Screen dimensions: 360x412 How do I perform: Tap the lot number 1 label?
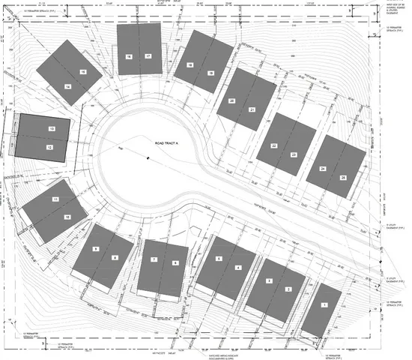[x=324, y=304]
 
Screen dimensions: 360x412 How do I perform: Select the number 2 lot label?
[x=288, y=289]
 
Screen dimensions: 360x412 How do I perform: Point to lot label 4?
[x=238, y=268]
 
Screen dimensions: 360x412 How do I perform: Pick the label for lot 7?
[x=154, y=259]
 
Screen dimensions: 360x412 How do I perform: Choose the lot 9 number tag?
[x=96, y=248]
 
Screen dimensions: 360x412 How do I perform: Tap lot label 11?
[x=55, y=199]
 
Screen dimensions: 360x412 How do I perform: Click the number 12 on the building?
[x=50, y=148]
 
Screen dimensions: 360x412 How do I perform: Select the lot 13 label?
[x=52, y=129]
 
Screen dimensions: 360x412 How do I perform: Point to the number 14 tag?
[x=67, y=86]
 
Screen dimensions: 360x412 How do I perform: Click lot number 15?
[x=82, y=72]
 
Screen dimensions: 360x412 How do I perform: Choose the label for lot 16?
[x=129, y=56]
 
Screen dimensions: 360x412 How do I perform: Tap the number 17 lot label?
[x=148, y=56]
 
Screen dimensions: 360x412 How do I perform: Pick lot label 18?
[x=190, y=65]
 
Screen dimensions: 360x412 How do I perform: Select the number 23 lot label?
[x=294, y=154]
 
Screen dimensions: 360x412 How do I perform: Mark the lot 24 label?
[x=322, y=169]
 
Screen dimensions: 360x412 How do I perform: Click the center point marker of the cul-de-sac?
[x=148, y=157]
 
